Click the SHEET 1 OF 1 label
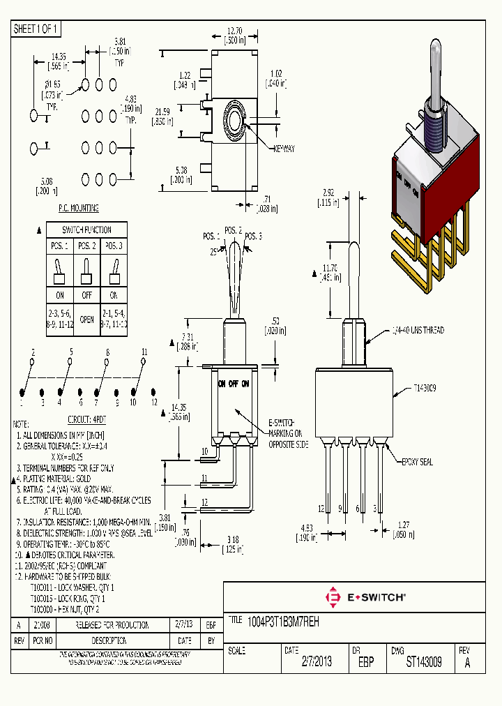36,29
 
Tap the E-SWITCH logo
365,597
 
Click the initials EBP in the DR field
365,663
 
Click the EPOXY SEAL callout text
416,462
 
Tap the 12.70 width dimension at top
234,31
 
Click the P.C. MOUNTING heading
77,208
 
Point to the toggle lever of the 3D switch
436,73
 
